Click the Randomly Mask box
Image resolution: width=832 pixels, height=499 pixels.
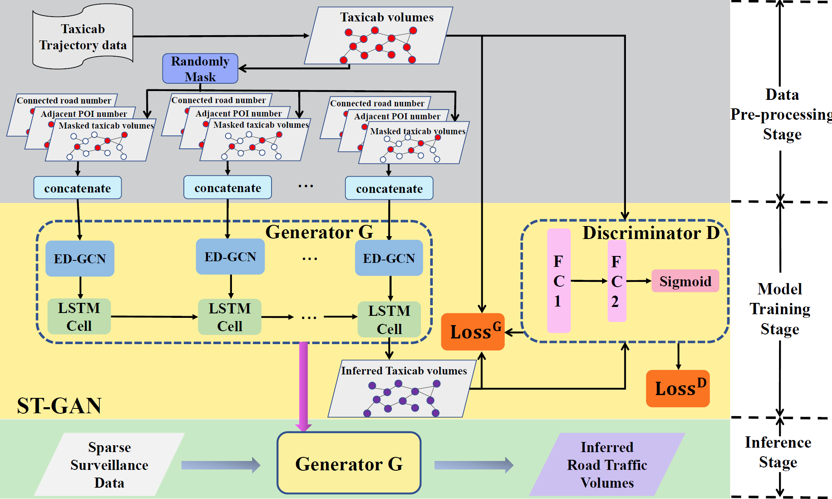pyautogui.click(x=200, y=69)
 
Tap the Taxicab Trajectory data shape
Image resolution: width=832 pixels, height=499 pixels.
pyautogui.click(x=83, y=37)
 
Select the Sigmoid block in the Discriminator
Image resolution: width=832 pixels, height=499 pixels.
pyautogui.click(x=685, y=281)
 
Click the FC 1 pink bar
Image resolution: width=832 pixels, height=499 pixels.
pyautogui.click(x=558, y=281)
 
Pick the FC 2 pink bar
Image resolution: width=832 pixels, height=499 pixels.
pyautogui.click(x=617, y=281)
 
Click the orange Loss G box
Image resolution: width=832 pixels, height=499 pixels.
pyautogui.click(x=472, y=332)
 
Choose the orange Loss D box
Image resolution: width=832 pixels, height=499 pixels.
pyautogui.click(x=678, y=388)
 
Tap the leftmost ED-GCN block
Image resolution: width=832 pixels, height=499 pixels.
pyautogui.click(x=80, y=259)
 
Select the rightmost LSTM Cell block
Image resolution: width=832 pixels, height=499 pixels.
pyautogui.click(x=389, y=319)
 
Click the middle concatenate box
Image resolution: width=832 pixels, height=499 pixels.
pyautogui.click(x=227, y=188)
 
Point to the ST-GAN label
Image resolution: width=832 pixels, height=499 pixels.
pyautogui.click(x=59, y=406)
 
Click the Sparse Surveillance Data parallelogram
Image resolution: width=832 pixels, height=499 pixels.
pyautogui.click(x=109, y=465)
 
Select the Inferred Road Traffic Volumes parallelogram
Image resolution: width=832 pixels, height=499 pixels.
pyautogui.click(x=607, y=465)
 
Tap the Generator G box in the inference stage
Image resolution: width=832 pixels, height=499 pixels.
pyautogui.click(x=349, y=463)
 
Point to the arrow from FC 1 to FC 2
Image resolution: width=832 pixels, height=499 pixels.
pyautogui.click(x=589, y=281)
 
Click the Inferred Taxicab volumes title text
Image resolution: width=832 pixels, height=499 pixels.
pyautogui.click(x=404, y=371)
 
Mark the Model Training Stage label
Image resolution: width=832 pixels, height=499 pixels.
pyautogui.click(x=779, y=309)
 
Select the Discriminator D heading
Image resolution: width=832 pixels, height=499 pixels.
pyautogui.click(x=651, y=233)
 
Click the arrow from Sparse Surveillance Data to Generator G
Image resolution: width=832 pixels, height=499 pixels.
pyautogui.click(x=221, y=465)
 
